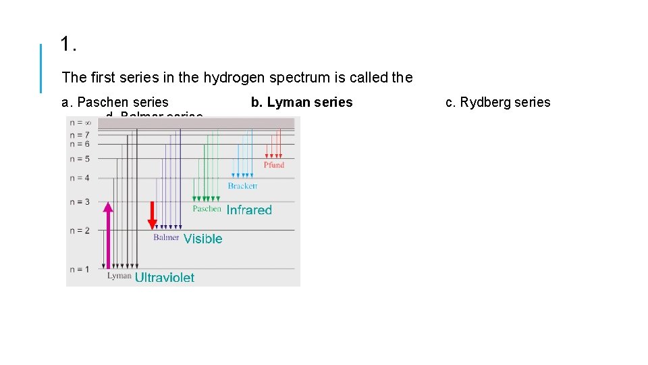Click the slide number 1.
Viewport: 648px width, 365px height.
pyautogui.click(x=67, y=45)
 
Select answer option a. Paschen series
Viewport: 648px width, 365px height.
pyautogui.click(x=115, y=102)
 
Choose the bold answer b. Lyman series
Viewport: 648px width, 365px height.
pyautogui.click(x=302, y=102)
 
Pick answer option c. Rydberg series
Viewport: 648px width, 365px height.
pyautogui.click(x=498, y=102)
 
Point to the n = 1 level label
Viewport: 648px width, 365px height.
pyautogui.click(x=79, y=270)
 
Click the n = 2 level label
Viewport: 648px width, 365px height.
pyautogui.click(x=79, y=230)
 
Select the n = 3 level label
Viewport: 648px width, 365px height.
pyautogui.click(x=79, y=202)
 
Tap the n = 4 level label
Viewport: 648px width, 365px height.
pyautogui.click(x=79, y=178)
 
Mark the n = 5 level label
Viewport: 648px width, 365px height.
pyautogui.click(x=79, y=160)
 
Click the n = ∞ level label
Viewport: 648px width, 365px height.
pyautogui.click(x=80, y=123)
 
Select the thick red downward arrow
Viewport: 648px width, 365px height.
pyautogui.click(x=153, y=215)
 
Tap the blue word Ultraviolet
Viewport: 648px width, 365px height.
pyautogui.click(x=165, y=277)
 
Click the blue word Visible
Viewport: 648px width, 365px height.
pyautogui.click(x=202, y=239)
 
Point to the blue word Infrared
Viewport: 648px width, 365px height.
pyautogui.click(x=249, y=210)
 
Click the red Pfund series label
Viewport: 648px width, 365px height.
pyautogui.click(x=274, y=165)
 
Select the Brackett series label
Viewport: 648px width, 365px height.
pyautogui.click(x=242, y=186)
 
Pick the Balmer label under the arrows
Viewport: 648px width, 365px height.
pyautogui.click(x=166, y=237)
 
